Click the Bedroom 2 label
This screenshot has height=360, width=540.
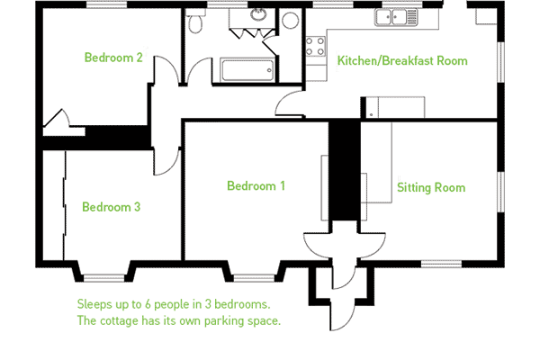pos(113,58)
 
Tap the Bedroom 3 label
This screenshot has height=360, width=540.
pos(112,207)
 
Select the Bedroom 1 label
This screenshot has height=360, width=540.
pos(256,186)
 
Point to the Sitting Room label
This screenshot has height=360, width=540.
pos(431,187)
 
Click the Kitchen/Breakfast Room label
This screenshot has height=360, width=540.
pos(402,60)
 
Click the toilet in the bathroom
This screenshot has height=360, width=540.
pos(195,22)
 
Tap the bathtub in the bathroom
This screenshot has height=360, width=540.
pos(247,70)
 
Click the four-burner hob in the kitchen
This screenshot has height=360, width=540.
pos(315,47)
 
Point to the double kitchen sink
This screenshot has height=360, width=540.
pos(396,17)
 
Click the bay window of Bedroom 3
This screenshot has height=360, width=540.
pos(104,278)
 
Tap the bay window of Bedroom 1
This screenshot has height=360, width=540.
pos(254,278)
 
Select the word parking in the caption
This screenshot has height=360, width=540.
pos(224,321)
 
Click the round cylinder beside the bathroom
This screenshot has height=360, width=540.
pos(290,21)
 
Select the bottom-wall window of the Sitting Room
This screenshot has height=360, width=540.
pos(441,264)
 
